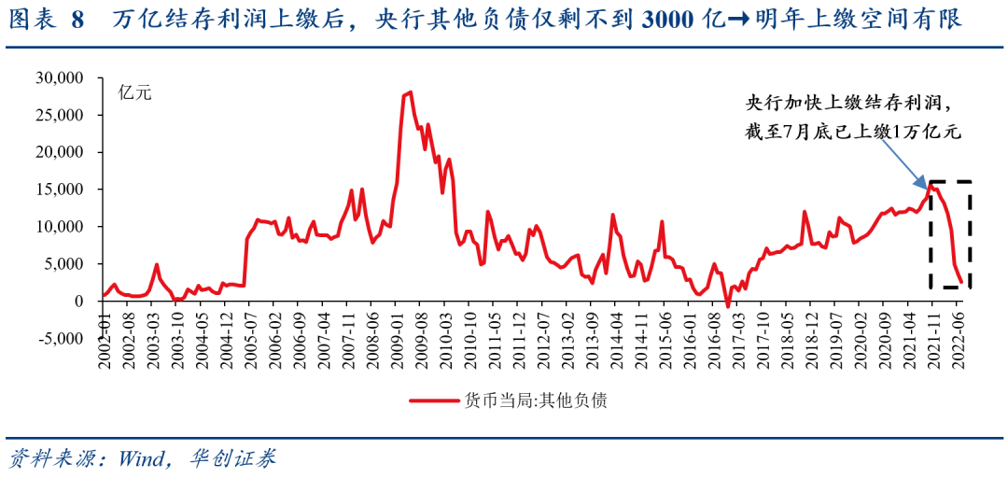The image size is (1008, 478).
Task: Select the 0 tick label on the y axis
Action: [x=82, y=301]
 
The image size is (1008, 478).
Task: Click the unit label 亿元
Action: [x=134, y=92]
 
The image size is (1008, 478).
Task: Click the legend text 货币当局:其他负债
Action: [x=536, y=401]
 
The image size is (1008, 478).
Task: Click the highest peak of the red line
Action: [x=410, y=92]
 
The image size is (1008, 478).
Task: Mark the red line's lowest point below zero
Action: [x=728, y=306]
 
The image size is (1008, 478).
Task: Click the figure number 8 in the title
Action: [x=77, y=20]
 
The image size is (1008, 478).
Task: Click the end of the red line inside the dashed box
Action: [x=961, y=282]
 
